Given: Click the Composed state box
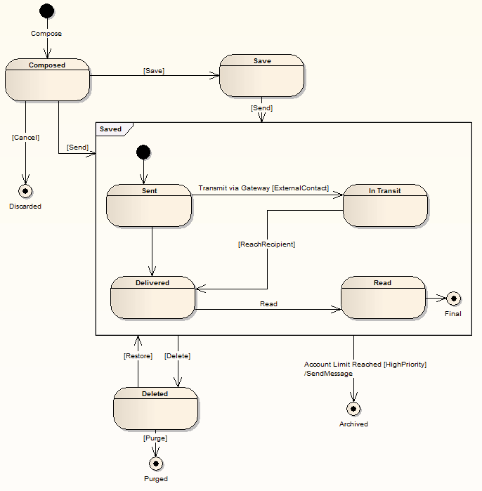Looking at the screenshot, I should (47, 79).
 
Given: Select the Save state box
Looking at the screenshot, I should (261, 75).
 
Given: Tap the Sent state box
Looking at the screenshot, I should (149, 205).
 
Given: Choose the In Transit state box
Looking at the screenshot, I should (385, 205).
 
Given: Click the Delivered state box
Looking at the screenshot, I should (152, 297).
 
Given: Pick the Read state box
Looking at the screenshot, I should (383, 297).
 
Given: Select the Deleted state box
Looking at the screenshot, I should (155, 408).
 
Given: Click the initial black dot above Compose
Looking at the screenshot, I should (47, 11).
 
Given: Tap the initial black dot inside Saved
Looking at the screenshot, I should (143, 152).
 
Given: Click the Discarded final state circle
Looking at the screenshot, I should (26, 191).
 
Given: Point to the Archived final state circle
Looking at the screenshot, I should (353, 408).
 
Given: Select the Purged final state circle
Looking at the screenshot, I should (156, 463).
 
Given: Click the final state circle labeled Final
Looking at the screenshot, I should (454, 298).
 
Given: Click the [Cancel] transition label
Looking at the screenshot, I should (26, 138).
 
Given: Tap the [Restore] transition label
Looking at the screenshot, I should (138, 356).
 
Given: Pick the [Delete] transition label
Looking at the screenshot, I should (177, 356).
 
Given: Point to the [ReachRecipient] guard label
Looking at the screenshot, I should (266, 244).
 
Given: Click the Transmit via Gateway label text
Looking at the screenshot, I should (263, 188).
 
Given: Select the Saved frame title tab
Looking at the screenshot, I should (112, 129).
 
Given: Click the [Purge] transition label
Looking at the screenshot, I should (155, 438).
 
